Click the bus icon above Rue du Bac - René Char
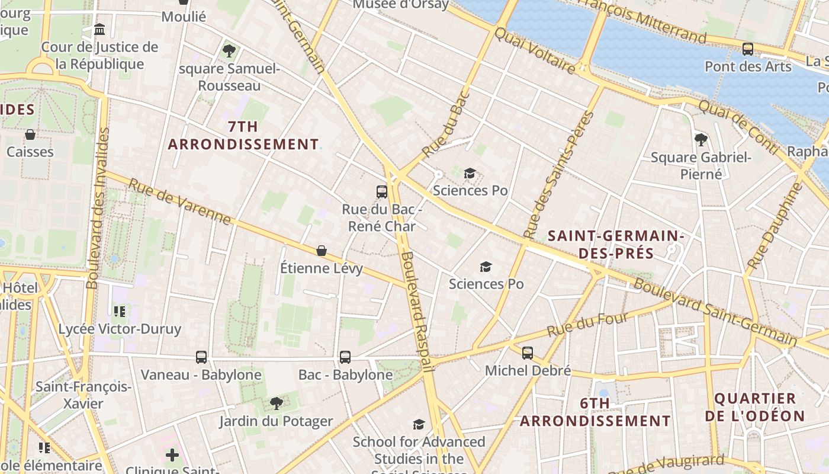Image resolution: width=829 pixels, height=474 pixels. coord(382,191)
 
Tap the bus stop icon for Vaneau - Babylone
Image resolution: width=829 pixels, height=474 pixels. coord(201,357)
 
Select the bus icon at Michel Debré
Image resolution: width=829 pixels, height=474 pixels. coord(527,353)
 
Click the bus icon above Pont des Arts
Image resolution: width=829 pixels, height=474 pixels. coord(748,49)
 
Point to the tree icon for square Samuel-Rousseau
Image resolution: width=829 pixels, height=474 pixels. coord(229,51)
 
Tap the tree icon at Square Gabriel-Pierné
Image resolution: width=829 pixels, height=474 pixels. coord(701,140)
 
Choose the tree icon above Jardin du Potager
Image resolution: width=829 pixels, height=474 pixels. coord(276,403)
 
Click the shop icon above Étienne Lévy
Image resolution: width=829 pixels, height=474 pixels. coord(322,251)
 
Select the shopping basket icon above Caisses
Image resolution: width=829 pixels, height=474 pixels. coord(30,134)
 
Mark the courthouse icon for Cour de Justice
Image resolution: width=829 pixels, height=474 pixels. coord(99,29)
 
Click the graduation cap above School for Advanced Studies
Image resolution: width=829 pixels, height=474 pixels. coord(419,424)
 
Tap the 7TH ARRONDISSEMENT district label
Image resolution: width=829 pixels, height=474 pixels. coord(243,136)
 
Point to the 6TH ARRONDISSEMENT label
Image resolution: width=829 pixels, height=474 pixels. coord(595,412)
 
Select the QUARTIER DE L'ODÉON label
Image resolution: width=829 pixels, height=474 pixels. coord(755,407)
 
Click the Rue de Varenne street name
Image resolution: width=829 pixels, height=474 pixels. coord(179,202)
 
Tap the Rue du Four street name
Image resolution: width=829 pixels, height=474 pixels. coord(587,324)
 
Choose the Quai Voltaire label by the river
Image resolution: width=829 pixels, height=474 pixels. coord(535,51)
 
